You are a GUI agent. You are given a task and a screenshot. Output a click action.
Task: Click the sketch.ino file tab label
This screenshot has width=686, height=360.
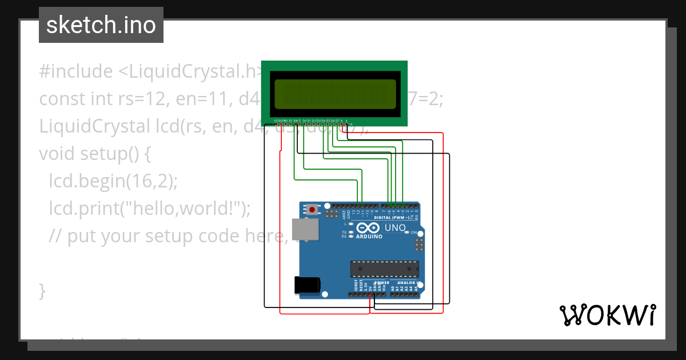click(x=101, y=25)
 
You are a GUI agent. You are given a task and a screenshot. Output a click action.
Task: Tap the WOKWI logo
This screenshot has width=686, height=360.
click(x=607, y=315)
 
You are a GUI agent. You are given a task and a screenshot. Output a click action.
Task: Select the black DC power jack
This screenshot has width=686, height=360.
click(x=306, y=285)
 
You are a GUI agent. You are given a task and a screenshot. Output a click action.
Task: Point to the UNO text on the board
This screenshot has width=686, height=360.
click(x=395, y=228)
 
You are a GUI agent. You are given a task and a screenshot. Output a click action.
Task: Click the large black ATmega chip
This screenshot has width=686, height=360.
click(x=384, y=269)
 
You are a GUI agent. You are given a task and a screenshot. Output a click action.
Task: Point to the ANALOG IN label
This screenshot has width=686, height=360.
click(x=409, y=283)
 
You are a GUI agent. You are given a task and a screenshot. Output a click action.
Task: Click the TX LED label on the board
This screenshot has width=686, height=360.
click(x=344, y=232)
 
